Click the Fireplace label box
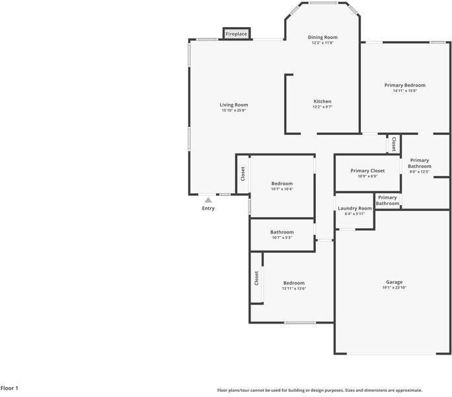[x=237, y=34]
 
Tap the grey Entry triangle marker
[x=208, y=200]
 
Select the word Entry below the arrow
[x=208, y=208]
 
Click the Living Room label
[x=234, y=105]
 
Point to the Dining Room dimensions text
[x=322, y=43]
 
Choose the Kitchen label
[x=322, y=101]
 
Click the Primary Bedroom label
[x=405, y=85]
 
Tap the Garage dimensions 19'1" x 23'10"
[x=395, y=288]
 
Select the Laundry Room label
[x=355, y=208]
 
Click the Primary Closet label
[x=367, y=171]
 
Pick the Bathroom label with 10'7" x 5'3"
[x=282, y=232]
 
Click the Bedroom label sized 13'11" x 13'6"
[x=294, y=283]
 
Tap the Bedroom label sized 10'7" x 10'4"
[x=282, y=184]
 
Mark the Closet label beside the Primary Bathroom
[x=394, y=144]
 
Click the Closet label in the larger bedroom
[x=256, y=278]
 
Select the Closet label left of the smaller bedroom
[x=243, y=174]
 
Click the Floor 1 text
[x=9, y=388]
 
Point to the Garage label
[x=395, y=282]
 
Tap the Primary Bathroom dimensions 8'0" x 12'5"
[x=420, y=172]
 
